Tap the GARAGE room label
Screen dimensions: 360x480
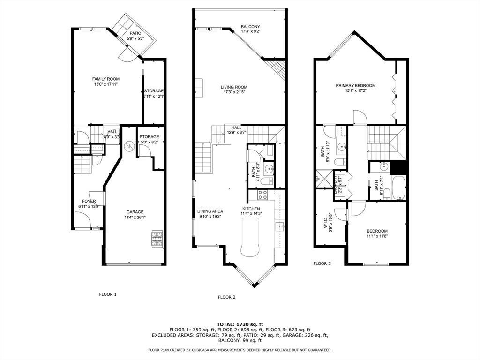coord(135,212)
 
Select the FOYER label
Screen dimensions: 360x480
coord(89,201)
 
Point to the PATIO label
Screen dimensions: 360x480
coord(135,33)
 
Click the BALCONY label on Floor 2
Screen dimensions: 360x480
coord(250,27)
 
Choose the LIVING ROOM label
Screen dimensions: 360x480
coord(234,87)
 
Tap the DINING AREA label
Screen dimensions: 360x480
coord(210,211)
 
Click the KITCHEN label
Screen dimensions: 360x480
coord(251,209)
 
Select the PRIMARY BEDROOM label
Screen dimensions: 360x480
coord(355,85)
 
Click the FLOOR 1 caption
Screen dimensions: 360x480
coord(107,294)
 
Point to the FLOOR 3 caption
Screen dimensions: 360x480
coord(322,263)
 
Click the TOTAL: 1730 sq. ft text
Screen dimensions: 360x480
coord(240,324)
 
